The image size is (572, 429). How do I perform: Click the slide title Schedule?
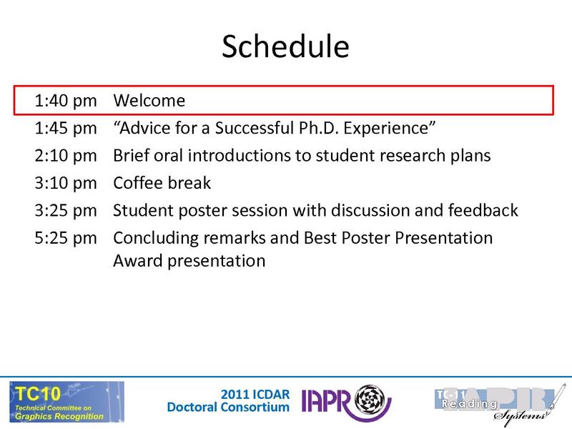(285, 46)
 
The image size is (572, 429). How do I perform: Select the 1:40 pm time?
(65, 101)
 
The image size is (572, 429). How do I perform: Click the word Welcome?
(149, 101)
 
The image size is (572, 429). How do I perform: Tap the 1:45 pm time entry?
(65, 128)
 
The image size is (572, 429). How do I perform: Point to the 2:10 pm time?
(65, 155)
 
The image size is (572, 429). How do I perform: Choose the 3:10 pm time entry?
(65, 183)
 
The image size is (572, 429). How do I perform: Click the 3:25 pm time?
(65, 210)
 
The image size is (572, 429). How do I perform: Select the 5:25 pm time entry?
(65, 237)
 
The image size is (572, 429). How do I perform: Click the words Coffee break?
(162, 183)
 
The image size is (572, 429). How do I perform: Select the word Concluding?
(153, 237)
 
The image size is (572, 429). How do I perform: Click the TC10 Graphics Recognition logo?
(66, 401)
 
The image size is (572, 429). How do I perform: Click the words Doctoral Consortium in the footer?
(228, 408)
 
